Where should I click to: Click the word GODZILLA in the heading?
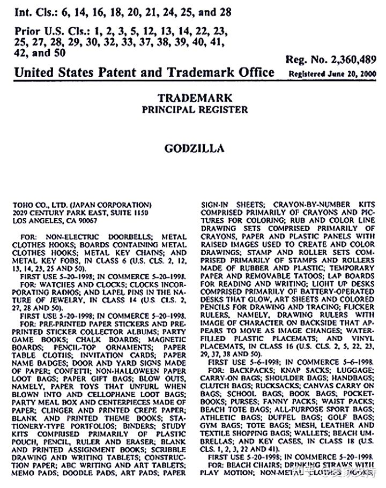click(x=194, y=147)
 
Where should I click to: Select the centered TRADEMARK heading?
click(x=195, y=99)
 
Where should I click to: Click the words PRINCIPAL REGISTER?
click(x=195, y=109)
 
